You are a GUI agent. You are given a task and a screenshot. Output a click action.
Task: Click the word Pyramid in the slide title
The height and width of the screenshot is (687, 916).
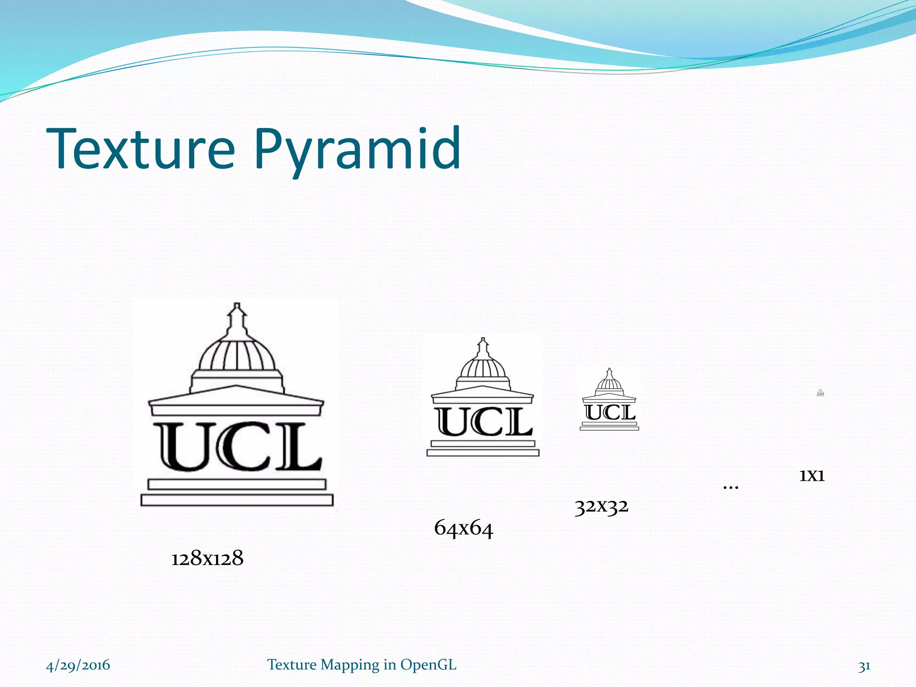tap(358, 150)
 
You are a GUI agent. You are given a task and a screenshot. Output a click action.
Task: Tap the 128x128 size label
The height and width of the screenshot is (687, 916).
tap(207, 558)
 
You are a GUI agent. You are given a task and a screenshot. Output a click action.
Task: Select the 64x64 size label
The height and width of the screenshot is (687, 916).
tap(463, 528)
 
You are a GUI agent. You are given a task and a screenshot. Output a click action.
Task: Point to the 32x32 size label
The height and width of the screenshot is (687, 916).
tap(602, 506)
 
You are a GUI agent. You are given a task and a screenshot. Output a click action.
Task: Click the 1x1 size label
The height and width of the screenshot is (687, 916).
tap(812, 475)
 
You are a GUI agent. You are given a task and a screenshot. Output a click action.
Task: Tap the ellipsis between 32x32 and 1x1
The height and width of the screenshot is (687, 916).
tap(731, 487)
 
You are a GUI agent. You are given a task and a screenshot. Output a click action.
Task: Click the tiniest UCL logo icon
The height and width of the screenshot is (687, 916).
tap(820, 393)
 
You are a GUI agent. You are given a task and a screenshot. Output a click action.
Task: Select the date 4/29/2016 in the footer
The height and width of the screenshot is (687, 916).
tap(78, 665)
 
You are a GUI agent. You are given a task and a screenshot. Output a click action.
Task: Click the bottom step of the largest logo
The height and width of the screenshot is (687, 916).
tap(237, 500)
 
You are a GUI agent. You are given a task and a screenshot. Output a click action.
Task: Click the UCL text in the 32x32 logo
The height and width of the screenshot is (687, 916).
tap(610, 412)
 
